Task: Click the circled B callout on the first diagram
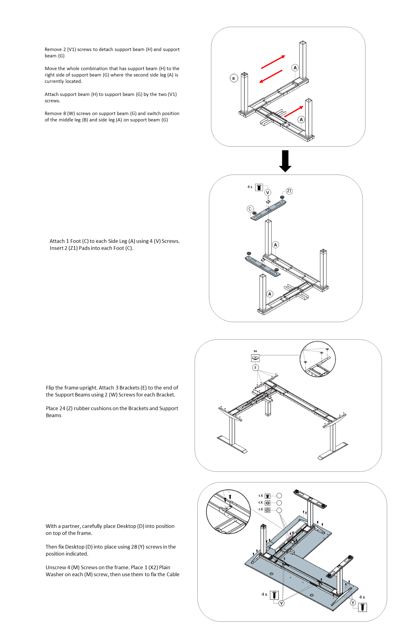pyautogui.click(x=234, y=78)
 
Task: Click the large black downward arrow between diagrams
pyautogui.click(x=285, y=161)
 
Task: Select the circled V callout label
pyautogui.click(x=268, y=192)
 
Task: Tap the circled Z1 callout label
pyautogui.click(x=289, y=191)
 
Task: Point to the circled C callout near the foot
pyautogui.click(x=250, y=209)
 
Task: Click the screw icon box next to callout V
pyautogui.click(x=259, y=187)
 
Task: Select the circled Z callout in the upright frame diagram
pyautogui.click(x=255, y=368)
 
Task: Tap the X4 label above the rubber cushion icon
pyautogui.click(x=255, y=351)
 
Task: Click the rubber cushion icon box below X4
pyautogui.click(x=255, y=358)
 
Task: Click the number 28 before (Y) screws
pyautogui.click(x=134, y=547)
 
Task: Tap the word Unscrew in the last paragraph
pyautogui.click(x=56, y=567)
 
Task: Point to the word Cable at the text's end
pyautogui.click(x=173, y=574)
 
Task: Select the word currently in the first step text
pyautogui.click(x=54, y=81)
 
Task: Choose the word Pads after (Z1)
pyautogui.click(x=84, y=248)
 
